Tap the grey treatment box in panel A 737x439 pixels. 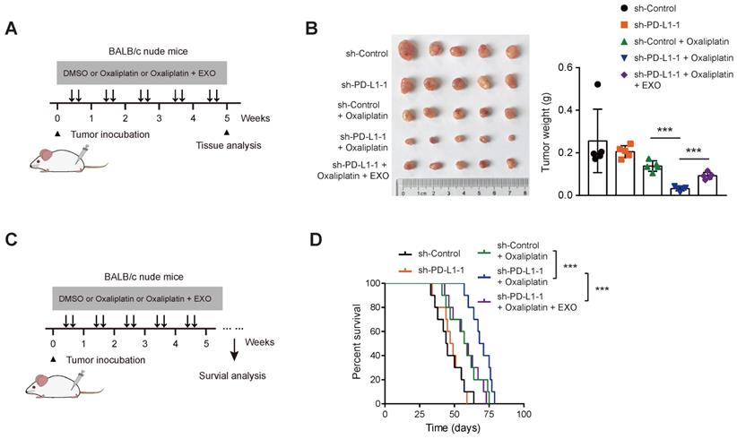pyautogui.click(x=142, y=71)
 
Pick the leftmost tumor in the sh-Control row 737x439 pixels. pyautogui.click(x=412, y=51)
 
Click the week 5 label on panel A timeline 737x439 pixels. pyautogui.click(x=227, y=117)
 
